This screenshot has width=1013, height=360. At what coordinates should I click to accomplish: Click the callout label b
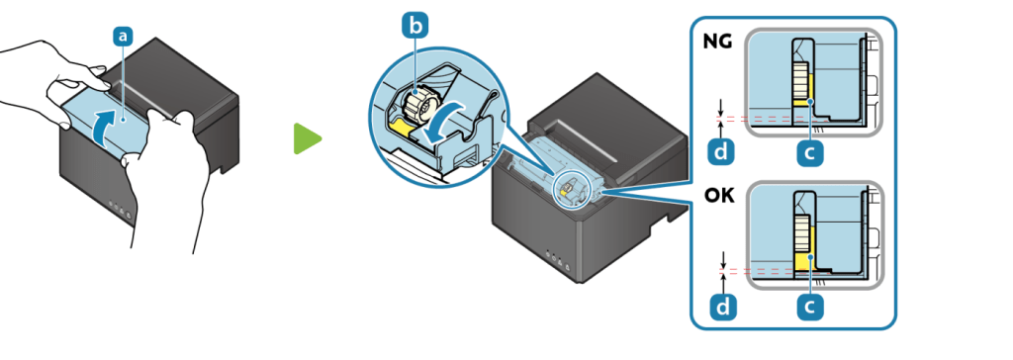tap(414, 27)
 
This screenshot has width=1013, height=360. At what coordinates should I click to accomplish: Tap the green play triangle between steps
tap(307, 138)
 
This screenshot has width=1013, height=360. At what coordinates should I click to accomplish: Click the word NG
tap(718, 42)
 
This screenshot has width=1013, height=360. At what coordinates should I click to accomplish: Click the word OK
tap(719, 195)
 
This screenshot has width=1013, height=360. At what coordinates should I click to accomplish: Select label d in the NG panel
tap(721, 152)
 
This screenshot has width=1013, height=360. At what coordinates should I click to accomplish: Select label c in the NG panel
tap(810, 152)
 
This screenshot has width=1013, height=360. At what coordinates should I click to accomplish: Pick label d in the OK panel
tap(721, 307)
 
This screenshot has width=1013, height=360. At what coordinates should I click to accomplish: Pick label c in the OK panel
tap(810, 307)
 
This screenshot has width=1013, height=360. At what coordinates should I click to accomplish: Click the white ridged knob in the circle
tap(419, 104)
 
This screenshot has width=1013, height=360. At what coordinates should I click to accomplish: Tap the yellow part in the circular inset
tap(402, 128)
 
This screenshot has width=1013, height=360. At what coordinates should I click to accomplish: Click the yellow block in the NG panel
tap(801, 102)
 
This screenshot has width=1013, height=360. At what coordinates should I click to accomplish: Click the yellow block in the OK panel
tap(801, 262)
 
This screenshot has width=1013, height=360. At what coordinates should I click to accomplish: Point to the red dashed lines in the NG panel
tap(769, 119)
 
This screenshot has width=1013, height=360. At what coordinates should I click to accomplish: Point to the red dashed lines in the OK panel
tap(769, 271)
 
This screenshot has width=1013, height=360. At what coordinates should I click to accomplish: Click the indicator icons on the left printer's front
tap(119, 208)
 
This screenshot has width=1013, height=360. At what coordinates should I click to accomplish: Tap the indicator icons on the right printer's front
tap(557, 256)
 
